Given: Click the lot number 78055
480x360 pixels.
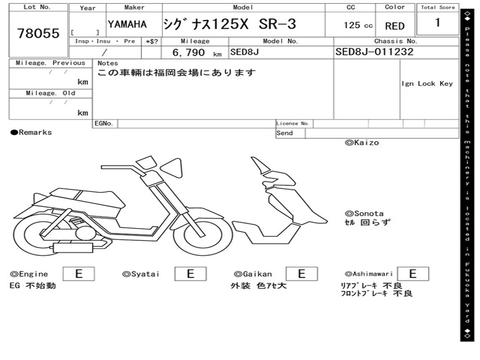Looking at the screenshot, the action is [x=38, y=33].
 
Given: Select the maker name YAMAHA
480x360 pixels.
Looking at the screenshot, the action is [x=127, y=24].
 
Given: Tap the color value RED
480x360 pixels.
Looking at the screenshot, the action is [x=395, y=26].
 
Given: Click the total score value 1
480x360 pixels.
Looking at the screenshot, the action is [x=437, y=22].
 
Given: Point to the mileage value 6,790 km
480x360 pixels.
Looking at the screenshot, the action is [x=196, y=52].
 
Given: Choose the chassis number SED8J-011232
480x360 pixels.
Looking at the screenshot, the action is [x=374, y=52].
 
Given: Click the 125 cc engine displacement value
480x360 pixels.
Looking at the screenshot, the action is [x=358, y=25].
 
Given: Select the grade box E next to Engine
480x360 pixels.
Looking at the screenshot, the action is [x=78, y=274].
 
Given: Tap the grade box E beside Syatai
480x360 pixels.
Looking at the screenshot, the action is [x=190, y=274].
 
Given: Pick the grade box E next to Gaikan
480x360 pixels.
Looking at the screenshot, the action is [x=301, y=274].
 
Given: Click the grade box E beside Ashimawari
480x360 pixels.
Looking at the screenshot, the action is [x=412, y=274].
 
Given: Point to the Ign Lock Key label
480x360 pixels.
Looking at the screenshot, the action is [x=427, y=84].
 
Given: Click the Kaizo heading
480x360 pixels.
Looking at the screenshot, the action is [x=362, y=142].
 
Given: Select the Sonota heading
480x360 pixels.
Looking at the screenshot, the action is [x=364, y=213].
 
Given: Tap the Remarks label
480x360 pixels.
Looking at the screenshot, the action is [x=31, y=133].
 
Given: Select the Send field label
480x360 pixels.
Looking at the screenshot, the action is [x=285, y=133].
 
